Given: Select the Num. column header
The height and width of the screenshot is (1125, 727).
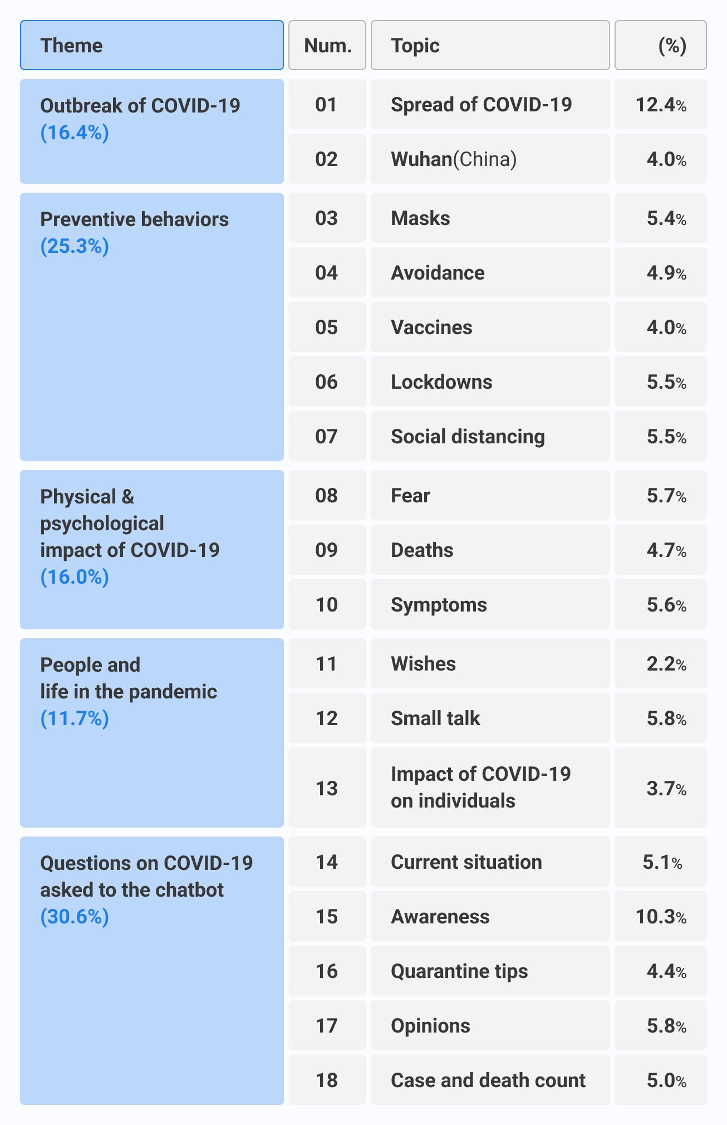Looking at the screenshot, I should [327, 46].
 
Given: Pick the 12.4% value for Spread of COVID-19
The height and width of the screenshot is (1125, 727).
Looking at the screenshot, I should [661, 105].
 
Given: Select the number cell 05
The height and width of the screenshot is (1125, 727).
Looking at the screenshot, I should [327, 327].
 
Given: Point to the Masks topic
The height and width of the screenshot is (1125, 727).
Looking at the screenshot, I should [420, 218].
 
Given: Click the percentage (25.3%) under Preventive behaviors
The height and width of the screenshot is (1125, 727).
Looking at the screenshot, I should [75, 246].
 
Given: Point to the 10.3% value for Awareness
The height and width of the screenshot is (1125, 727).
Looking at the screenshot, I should [661, 917].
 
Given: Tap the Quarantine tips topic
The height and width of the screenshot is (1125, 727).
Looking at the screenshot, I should [459, 971].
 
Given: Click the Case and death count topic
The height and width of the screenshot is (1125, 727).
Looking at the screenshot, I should [488, 1080].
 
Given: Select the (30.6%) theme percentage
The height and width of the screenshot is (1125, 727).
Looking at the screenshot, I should [75, 917].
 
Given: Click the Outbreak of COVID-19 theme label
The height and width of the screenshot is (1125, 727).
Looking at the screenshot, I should [140, 106].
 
